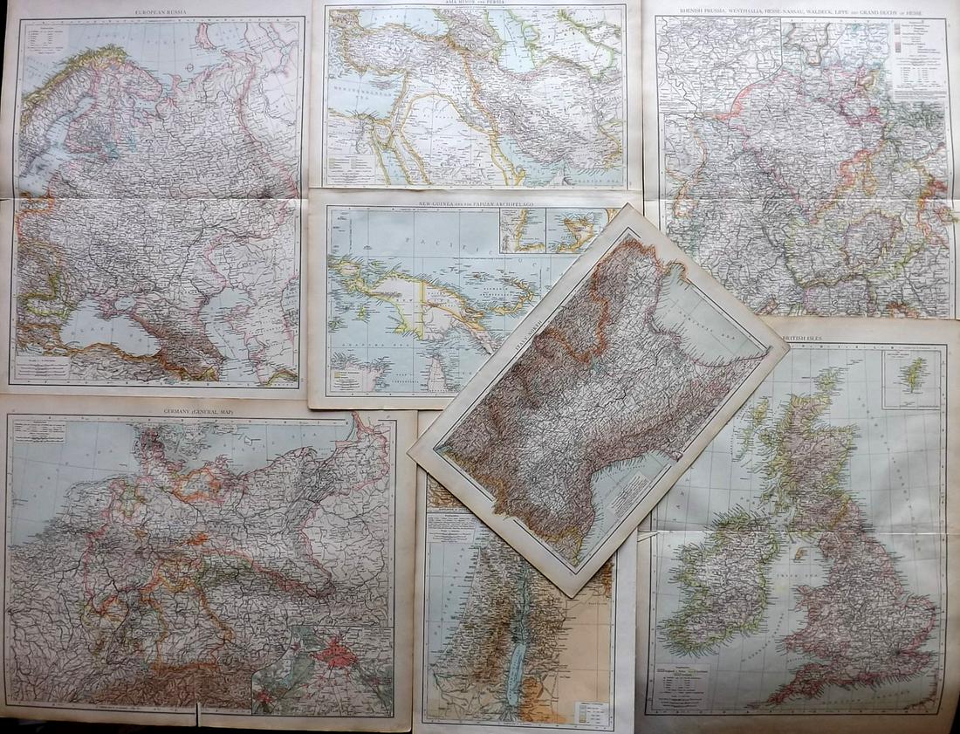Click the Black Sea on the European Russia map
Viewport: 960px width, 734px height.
coord(105,327)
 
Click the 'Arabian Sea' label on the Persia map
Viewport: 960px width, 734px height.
coord(593,175)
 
